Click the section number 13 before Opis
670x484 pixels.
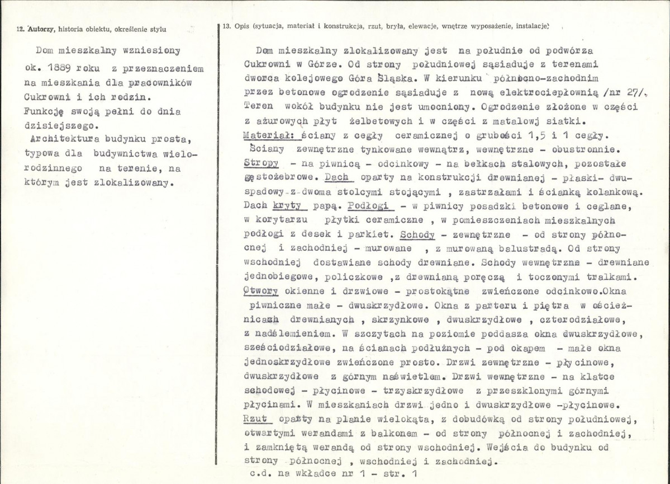226,26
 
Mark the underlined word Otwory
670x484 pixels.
261,291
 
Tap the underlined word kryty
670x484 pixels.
294,205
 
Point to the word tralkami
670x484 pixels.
606,276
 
